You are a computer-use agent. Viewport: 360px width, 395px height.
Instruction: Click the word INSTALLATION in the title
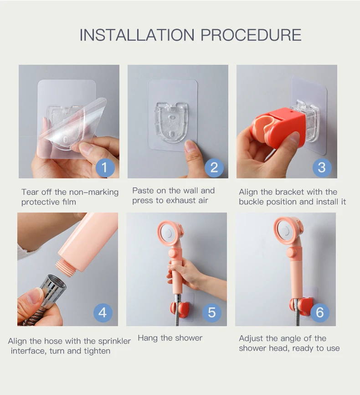pos(137,35)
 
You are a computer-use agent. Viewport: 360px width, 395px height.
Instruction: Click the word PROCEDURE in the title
pos(251,35)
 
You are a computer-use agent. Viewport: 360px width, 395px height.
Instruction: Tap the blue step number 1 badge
pos(105,167)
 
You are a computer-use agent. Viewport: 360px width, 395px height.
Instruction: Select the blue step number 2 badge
pos(214,167)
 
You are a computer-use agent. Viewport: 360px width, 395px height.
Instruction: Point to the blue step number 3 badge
pos(322,167)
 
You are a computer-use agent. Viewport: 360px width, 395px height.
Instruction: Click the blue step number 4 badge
pos(103,312)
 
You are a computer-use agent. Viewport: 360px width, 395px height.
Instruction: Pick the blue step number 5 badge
pos(212,312)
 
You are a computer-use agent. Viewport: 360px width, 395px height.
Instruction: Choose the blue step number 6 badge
pos(320,312)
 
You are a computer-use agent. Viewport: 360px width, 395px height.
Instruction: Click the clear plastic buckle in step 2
pos(171,122)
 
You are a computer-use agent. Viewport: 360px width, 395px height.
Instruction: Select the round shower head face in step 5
pos(168,234)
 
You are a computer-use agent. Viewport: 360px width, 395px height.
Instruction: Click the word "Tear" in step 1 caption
pos(30,192)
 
